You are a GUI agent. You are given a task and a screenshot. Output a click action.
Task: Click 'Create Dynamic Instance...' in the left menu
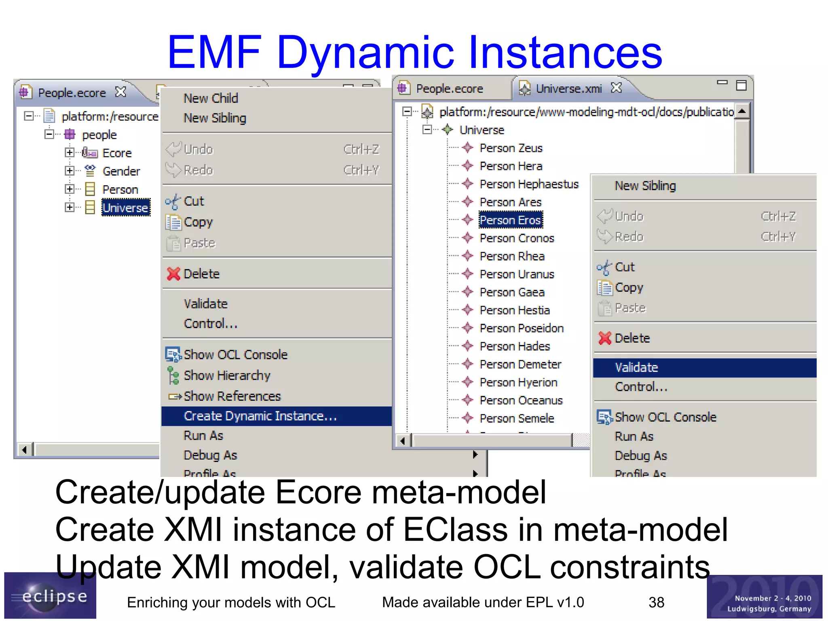pos(260,416)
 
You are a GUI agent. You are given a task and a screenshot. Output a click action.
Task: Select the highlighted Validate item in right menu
pos(636,367)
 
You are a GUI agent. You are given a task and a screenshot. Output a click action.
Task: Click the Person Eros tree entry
pos(510,220)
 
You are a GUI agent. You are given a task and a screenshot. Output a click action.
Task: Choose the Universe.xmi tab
pos(568,89)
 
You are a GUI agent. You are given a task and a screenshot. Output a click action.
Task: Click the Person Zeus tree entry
pos(511,148)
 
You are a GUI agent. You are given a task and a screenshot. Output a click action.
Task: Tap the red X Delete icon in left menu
pos(173,274)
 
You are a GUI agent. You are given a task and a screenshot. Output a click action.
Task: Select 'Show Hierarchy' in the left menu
pos(227,375)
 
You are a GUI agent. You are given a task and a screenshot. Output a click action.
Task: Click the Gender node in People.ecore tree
pos(121,171)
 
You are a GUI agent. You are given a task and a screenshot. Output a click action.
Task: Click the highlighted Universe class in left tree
pos(125,208)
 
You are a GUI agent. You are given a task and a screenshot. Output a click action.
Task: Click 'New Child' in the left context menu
pos(211,98)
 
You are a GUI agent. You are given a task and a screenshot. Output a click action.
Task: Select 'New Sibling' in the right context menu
pos(645,186)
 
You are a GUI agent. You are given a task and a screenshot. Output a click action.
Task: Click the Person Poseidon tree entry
pos(521,328)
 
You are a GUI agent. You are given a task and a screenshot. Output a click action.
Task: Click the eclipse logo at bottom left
pos(50,596)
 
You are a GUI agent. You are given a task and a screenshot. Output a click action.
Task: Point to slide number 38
pos(656,602)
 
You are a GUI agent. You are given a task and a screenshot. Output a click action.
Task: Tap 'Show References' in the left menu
pos(232,396)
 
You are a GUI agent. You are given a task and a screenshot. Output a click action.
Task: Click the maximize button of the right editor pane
pos(741,85)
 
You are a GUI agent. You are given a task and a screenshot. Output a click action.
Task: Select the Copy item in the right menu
pos(629,288)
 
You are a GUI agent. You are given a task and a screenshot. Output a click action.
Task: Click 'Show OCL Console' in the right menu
pos(665,417)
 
